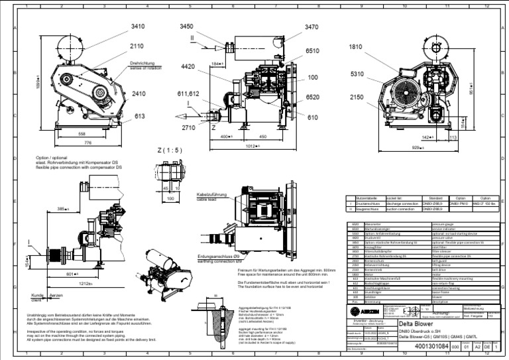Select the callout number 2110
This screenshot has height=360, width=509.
point(137,46)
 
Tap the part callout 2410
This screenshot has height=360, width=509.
point(138,93)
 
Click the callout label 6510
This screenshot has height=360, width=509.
point(311,50)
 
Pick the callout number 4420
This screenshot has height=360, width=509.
point(188,66)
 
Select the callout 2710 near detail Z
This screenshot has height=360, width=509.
point(188,127)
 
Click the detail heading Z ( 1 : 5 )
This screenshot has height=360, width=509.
point(171,150)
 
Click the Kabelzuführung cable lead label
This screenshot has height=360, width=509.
point(213,194)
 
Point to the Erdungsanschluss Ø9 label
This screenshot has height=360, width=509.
point(219,256)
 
